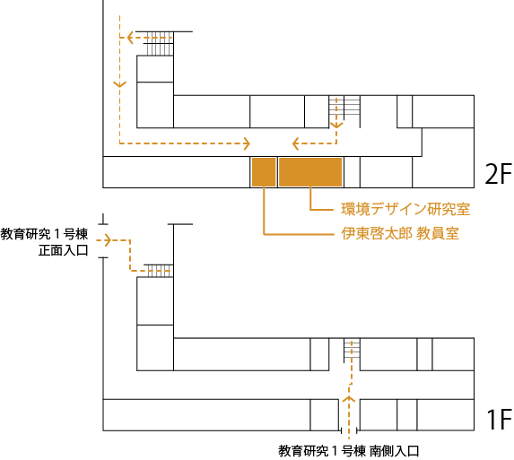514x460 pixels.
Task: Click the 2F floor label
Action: pos(498,174)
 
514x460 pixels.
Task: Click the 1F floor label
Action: pos(499,419)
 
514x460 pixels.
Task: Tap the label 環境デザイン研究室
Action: pos(405,209)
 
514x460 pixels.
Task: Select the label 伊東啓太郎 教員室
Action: pos(400,234)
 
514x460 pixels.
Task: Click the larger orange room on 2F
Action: pos(310,172)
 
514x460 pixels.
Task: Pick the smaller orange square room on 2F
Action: pos(264,172)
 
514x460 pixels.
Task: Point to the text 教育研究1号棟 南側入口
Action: pos(349,451)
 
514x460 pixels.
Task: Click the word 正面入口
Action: pos(64,250)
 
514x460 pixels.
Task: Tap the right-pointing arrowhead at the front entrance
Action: pos(108,240)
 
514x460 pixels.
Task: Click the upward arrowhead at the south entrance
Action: pos(349,399)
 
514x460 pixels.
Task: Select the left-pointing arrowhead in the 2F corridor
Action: pos(295,143)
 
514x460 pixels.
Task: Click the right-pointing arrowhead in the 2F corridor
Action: pos(246,143)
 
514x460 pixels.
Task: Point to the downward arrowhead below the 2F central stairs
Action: pos(336,125)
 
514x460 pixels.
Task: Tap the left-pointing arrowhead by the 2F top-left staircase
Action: pos(130,38)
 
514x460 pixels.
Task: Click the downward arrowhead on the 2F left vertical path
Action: pos(119,84)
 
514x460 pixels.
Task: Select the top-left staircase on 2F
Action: pos(160,44)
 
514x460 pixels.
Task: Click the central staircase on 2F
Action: pos(344,108)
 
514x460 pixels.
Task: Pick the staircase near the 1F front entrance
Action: pos(159,271)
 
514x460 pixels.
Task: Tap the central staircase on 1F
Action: pos(352,351)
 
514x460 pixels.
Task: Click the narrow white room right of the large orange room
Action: pos(352,172)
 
